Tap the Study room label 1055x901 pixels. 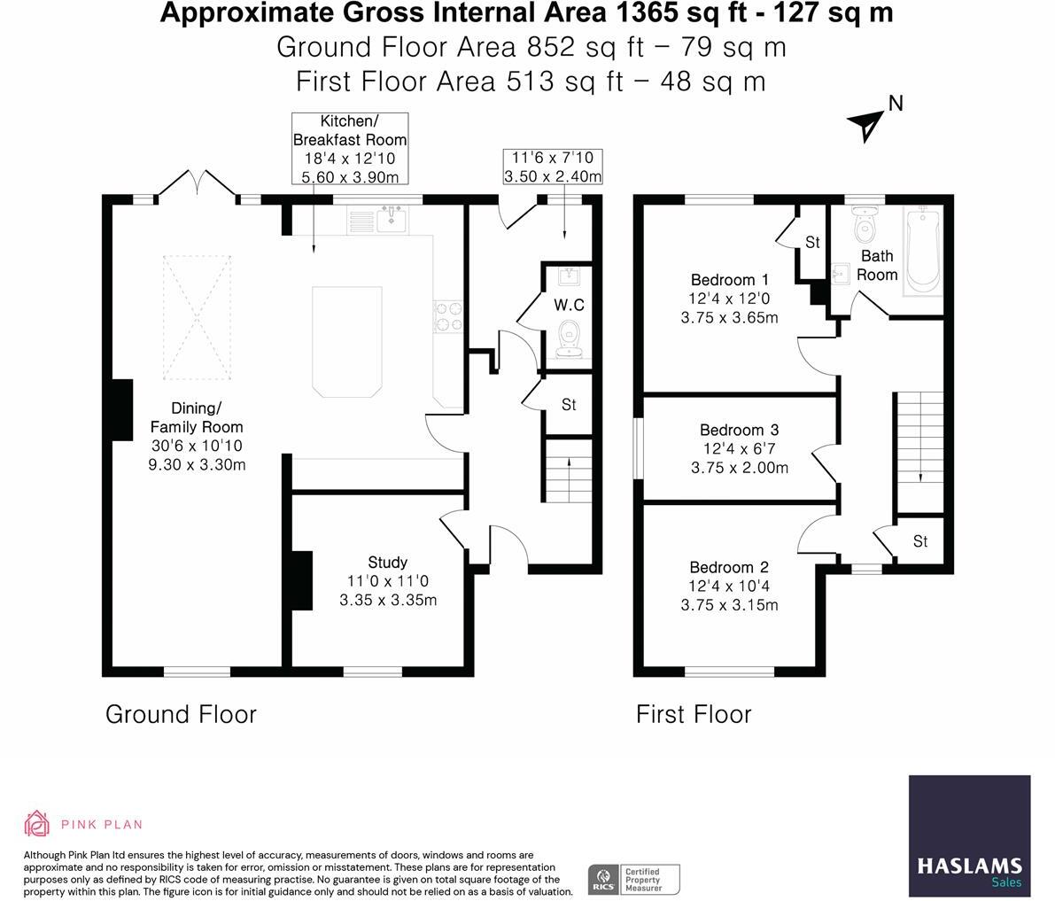388,562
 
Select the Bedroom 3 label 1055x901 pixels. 740,430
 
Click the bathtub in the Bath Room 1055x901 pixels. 924,251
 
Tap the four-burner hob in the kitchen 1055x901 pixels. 448,316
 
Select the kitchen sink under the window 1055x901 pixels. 391,219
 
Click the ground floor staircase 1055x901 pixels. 569,470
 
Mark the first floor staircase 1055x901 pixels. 919,452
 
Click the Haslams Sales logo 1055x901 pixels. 970,835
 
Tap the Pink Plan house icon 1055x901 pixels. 36,823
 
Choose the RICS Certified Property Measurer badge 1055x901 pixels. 634,880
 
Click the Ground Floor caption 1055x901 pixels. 181,714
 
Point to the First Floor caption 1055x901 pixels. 694,714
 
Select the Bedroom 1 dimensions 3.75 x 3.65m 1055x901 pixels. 729,317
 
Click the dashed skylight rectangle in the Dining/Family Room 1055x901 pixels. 198,317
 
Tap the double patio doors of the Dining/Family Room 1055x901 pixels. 197,184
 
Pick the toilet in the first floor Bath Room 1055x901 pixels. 865,225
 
